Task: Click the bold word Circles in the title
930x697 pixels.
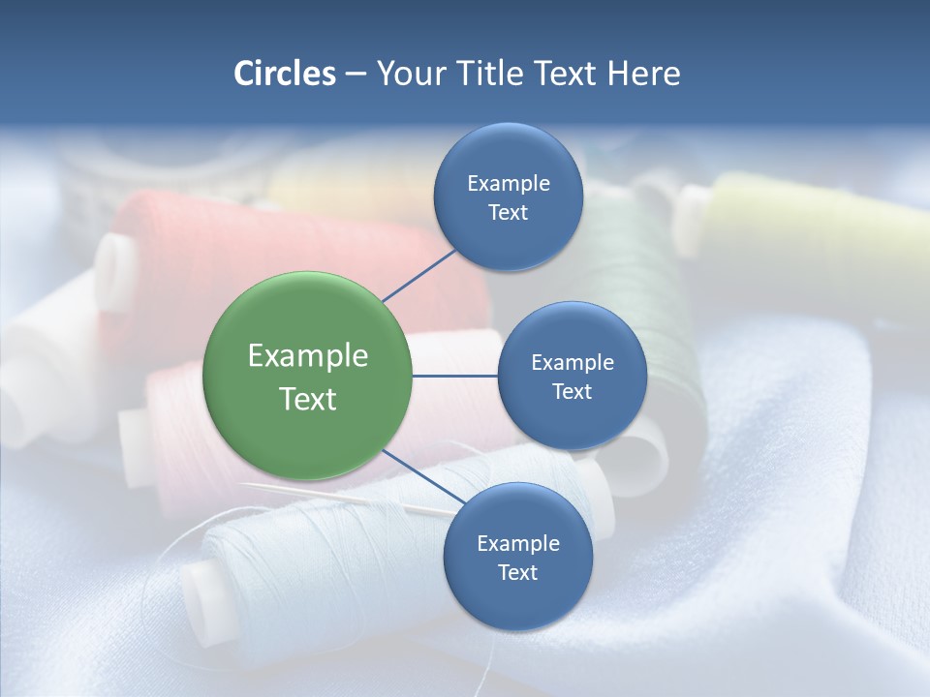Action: click(x=284, y=74)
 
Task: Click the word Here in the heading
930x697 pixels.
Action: click(x=644, y=74)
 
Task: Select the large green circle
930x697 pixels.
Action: click(x=307, y=376)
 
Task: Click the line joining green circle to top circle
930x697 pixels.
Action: click(x=418, y=275)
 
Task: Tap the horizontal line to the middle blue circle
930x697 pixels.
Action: click(x=454, y=376)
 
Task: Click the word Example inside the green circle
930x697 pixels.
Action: click(x=307, y=355)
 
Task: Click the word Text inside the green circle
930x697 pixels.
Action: click(x=307, y=399)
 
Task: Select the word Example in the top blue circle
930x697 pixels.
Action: click(x=508, y=183)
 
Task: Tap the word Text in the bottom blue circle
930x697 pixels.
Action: click(x=517, y=572)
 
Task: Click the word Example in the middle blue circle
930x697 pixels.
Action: click(x=572, y=362)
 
